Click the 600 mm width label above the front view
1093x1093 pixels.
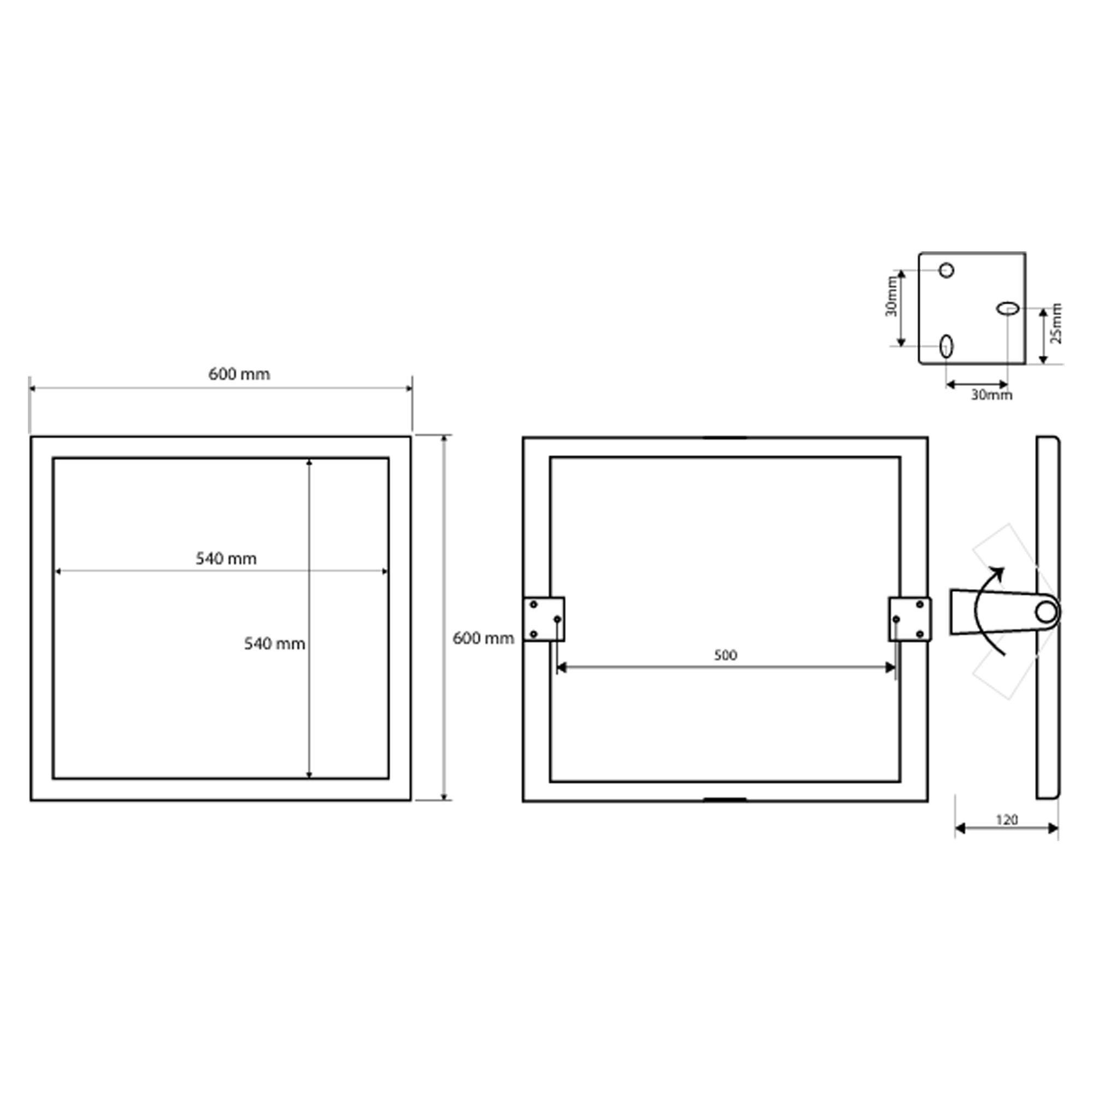(239, 374)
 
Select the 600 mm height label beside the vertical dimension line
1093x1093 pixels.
(483, 638)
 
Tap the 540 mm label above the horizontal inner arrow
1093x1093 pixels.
(226, 559)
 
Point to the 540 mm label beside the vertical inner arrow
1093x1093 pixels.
(274, 644)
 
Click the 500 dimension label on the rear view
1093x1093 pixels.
(725, 655)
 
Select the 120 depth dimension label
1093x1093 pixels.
(1007, 819)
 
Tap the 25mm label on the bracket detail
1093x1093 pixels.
(1056, 324)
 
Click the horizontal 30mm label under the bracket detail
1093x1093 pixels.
(992, 395)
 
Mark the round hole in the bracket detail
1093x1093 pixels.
(947, 271)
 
